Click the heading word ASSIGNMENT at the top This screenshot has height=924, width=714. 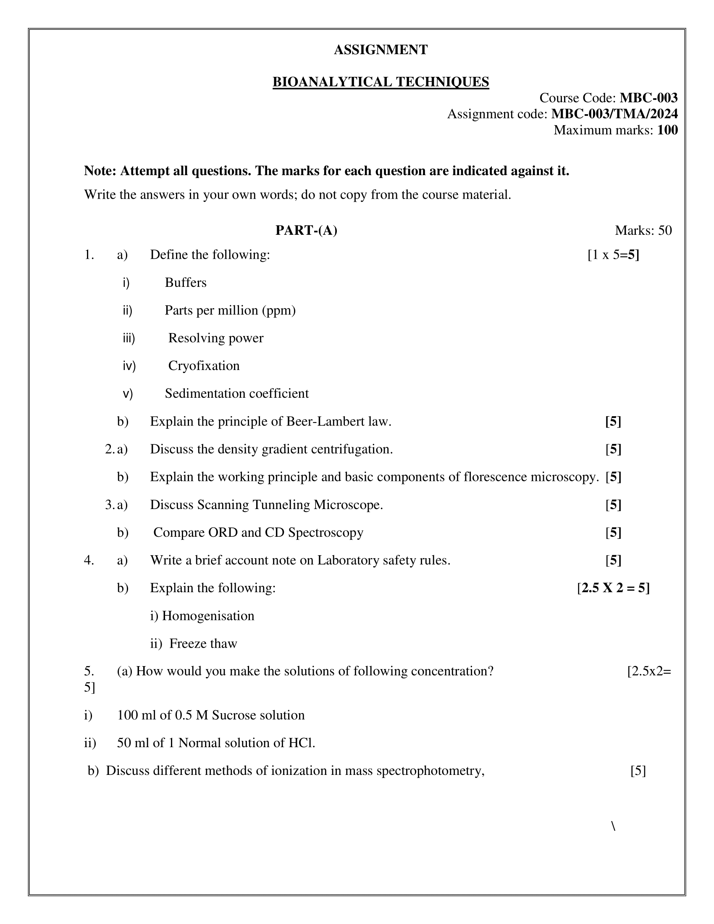(381, 50)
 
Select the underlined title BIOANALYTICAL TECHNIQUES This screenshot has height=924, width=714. (381, 81)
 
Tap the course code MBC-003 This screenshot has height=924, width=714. (648, 98)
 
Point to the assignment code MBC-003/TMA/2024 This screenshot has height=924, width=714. (614, 114)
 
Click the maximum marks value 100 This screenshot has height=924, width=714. (667, 130)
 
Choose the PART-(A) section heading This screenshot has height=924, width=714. (306, 230)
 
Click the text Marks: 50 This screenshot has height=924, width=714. (643, 230)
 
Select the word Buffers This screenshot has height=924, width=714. (186, 282)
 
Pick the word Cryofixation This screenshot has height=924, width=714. (204, 365)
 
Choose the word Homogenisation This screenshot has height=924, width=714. (208, 616)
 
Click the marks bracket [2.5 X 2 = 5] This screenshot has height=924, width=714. (613, 588)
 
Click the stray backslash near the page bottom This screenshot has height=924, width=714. (613, 826)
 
